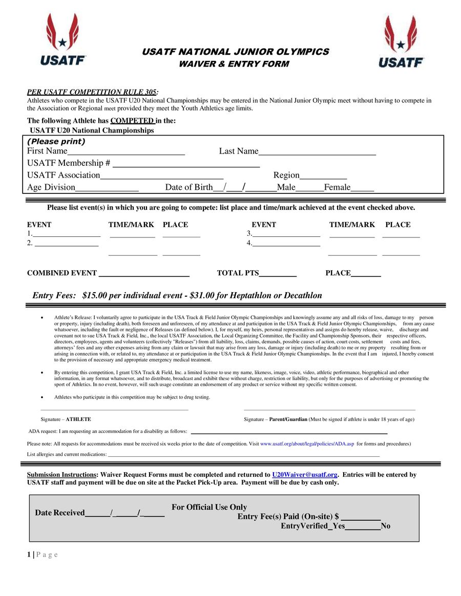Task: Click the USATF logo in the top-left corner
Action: pos(63,40)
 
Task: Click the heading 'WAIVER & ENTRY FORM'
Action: pos(234,64)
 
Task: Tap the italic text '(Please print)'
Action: pos(56,142)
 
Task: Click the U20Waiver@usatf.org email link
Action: pos(304,475)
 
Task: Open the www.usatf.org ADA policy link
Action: pos(307,444)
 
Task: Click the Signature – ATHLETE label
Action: pos(66,419)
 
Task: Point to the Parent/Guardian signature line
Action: pos(329,409)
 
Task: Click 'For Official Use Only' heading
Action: pos(209,507)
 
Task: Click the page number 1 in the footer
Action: pos(29,555)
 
